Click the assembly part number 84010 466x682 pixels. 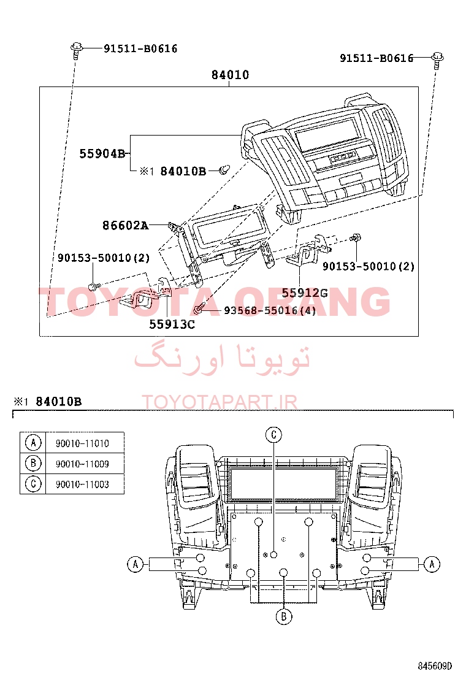(x=230, y=75)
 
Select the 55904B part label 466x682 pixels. (x=102, y=153)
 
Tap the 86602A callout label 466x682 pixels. (x=125, y=225)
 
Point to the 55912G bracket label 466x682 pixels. (x=305, y=293)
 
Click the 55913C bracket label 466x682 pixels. (x=172, y=324)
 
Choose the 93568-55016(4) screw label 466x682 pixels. (x=270, y=310)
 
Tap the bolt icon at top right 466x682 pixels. (x=437, y=59)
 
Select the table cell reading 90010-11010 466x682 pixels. (x=82, y=443)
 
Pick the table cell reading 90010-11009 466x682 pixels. (x=82, y=464)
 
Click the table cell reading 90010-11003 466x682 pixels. (x=82, y=484)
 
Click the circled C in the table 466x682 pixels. (x=33, y=484)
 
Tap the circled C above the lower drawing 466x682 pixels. (x=274, y=434)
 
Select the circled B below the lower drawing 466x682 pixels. (x=284, y=616)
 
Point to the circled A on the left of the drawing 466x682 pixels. (x=135, y=564)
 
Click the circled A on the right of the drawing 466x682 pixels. (x=432, y=564)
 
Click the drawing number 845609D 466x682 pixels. (x=435, y=666)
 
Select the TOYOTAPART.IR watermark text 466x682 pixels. (x=220, y=402)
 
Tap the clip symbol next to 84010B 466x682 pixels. (x=224, y=170)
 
